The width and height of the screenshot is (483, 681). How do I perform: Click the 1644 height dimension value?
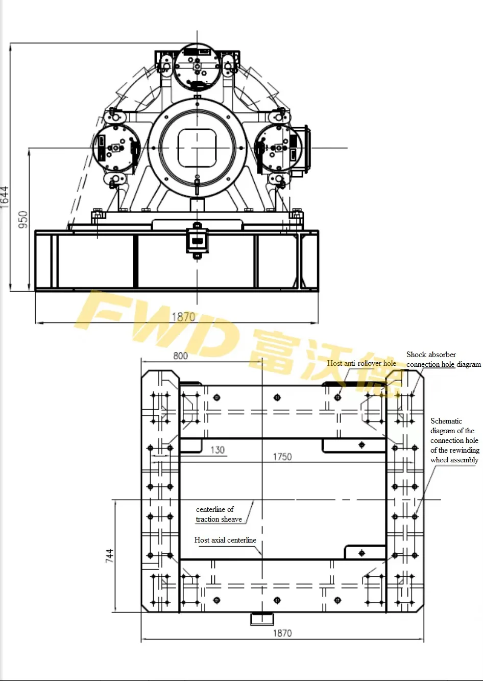[x=5, y=196]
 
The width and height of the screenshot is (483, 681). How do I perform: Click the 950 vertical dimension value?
[x=23, y=219]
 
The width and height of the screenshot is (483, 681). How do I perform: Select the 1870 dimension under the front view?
[x=183, y=317]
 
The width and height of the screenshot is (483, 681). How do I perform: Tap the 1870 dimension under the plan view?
[x=282, y=633]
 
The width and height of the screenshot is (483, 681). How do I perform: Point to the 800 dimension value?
[x=180, y=356]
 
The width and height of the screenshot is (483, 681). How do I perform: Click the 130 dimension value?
[x=218, y=450]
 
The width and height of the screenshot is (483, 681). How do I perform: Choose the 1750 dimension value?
[x=282, y=457]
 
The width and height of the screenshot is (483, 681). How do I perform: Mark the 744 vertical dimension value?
[x=110, y=556]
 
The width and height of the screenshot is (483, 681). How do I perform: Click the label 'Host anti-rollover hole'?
[x=361, y=363]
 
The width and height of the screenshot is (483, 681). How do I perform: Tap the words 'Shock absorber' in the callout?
[x=431, y=355]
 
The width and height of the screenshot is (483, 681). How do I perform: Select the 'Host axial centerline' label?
[x=225, y=540]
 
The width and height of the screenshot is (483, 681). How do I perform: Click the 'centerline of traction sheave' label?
[x=219, y=514]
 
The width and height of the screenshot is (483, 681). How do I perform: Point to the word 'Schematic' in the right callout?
[x=446, y=421]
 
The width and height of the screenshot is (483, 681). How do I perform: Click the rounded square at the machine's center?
[x=197, y=148]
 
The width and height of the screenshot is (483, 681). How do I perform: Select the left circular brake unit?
[x=116, y=148]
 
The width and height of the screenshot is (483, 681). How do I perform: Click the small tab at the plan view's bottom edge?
[x=262, y=618]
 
